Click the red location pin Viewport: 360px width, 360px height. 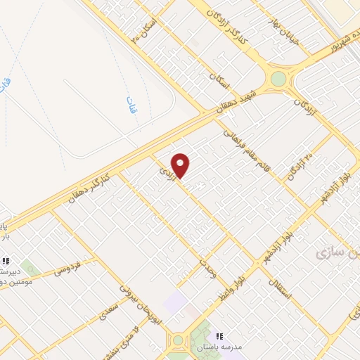(181, 165)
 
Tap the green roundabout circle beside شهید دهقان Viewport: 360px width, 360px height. (278, 78)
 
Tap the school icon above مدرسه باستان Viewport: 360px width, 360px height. (219, 337)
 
